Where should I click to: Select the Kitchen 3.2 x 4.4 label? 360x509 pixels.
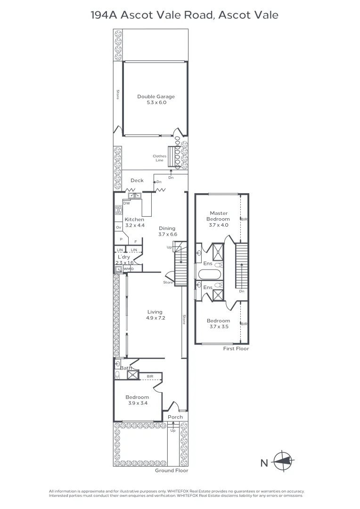pyautogui.click(x=134, y=222)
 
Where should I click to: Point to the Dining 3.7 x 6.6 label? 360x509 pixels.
pyautogui.click(x=167, y=231)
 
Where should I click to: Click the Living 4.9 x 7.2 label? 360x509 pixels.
pyautogui.click(x=155, y=315)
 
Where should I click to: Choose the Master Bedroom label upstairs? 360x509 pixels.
pyautogui.click(x=219, y=219)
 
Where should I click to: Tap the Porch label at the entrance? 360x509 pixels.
pyautogui.click(x=175, y=417)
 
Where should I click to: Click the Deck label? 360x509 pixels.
pyautogui.click(x=137, y=181)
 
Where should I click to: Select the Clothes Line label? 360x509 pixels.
pyautogui.click(x=159, y=158)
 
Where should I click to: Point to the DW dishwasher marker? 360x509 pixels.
pyautogui.click(x=126, y=203)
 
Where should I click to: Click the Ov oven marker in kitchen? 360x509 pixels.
pyautogui.click(x=118, y=228)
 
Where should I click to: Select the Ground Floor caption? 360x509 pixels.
pyautogui.click(x=172, y=470)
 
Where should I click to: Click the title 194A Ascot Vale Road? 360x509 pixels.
pyautogui.click(x=184, y=15)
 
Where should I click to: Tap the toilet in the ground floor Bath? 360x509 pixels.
pyautogui.click(x=117, y=375)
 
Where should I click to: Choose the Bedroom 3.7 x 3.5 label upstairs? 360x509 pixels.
pyautogui.click(x=219, y=323)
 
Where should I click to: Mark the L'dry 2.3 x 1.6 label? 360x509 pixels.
pyautogui.click(x=124, y=260)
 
